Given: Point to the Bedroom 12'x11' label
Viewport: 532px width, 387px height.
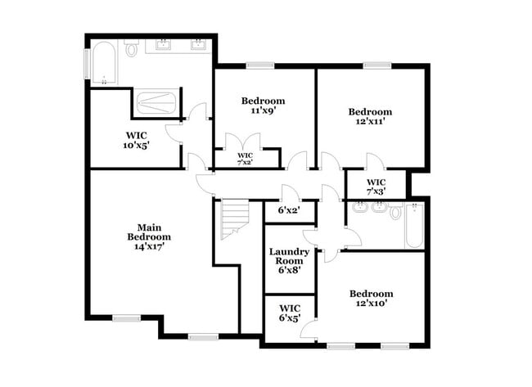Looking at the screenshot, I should pyautogui.click(x=370, y=116).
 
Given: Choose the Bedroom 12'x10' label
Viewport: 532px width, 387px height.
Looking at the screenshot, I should pyautogui.click(x=371, y=298).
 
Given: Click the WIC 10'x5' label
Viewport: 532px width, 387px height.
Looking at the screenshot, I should pyautogui.click(x=136, y=140).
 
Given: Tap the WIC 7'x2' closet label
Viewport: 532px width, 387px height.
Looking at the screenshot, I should pyautogui.click(x=245, y=158).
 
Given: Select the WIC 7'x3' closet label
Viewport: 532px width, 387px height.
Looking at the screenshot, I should pyautogui.click(x=376, y=187).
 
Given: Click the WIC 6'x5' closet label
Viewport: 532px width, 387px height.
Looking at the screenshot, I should pyautogui.click(x=290, y=313).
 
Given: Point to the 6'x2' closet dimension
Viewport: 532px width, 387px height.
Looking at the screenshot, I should pyautogui.click(x=289, y=210).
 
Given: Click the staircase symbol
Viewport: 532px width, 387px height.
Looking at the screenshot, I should pyautogui.click(x=234, y=220).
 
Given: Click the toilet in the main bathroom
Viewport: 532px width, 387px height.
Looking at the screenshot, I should pyautogui.click(x=131, y=50).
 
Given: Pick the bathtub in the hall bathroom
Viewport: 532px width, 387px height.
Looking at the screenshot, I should pyautogui.click(x=414, y=226).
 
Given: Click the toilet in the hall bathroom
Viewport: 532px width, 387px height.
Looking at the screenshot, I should pyautogui.click(x=395, y=212).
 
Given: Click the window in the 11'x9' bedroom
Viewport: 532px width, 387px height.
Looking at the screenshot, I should pyautogui.click(x=260, y=65).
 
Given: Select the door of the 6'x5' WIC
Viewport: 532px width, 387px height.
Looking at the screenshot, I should pyautogui.click(x=309, y=329).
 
